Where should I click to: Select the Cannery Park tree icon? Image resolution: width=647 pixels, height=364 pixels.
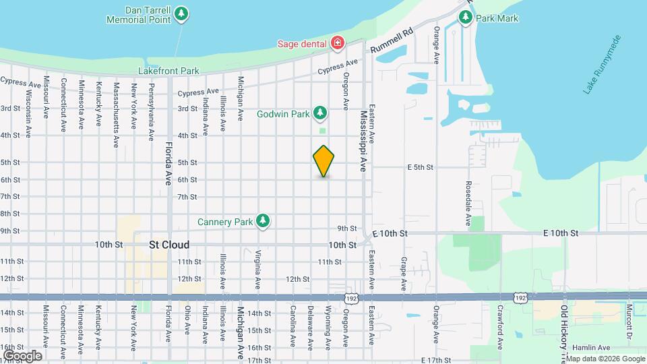(263, 220)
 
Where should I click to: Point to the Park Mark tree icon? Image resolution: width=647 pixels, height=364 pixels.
(465, 17)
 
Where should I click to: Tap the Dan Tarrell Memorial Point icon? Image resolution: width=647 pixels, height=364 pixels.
(181, 13)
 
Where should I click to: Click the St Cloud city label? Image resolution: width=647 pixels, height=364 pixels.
(169, 245)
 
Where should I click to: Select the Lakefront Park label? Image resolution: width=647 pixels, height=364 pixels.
(169, 70)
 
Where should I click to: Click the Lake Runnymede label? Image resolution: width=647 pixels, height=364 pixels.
(605, 71)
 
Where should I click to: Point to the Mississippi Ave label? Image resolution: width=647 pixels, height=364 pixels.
(363, 142)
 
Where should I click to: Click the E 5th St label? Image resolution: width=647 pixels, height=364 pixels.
(419, 167)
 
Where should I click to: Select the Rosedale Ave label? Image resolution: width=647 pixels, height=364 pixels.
(468, 203)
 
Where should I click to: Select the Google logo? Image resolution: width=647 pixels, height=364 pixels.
(22, 355)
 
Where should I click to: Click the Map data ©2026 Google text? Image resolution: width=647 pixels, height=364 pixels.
(605, 359)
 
